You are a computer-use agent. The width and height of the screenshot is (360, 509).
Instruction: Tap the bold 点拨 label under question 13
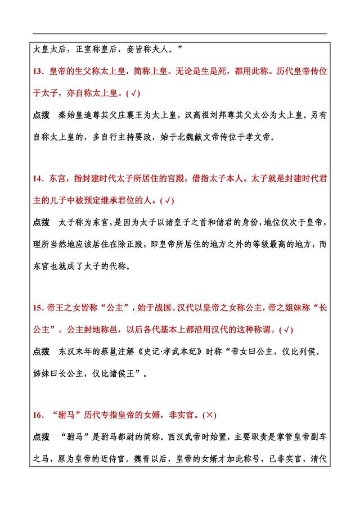pyautogui.click(x=42, y=115)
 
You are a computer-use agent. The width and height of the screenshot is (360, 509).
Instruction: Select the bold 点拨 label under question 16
pyautogui.click(x=42, y=437)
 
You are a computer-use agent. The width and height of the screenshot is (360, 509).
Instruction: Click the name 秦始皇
pyautogui.click(x=71, y=115)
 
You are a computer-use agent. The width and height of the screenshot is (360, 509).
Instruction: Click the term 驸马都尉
pyautogui.click(x=123, y=437)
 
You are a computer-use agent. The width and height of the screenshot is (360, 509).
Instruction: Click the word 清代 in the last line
pyautogui.click(x=319, y=458)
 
